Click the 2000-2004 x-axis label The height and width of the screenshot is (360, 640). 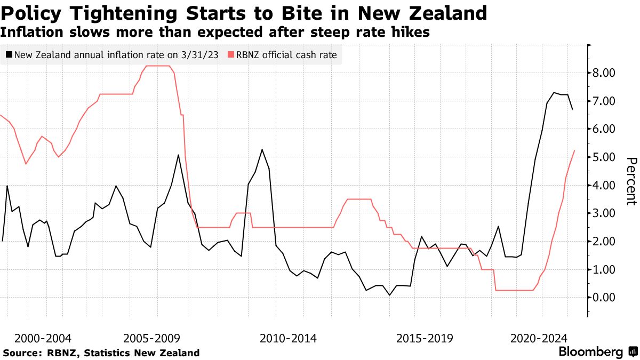pos(43,338)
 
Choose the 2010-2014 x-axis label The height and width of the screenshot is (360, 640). pos(288,338)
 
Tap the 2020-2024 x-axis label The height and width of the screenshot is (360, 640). pos(539,338)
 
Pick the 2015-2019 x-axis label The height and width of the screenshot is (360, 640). pos(425,338)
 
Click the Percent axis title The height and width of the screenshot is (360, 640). pos(631,181)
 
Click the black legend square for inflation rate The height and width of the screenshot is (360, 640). pos(9,54)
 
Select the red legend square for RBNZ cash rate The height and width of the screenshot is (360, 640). pos(230,54)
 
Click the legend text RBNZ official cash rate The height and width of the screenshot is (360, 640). pos(286,54)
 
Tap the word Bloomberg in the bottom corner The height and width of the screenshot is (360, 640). pos(590,352)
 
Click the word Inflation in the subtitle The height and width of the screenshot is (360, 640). pos(27,32)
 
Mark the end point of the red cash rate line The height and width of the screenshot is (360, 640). pos(574,150)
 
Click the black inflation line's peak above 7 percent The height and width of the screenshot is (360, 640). pos(554,92)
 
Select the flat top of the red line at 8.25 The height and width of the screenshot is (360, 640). pos(158,66)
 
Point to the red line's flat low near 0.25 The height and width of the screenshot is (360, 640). pos(514,290)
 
